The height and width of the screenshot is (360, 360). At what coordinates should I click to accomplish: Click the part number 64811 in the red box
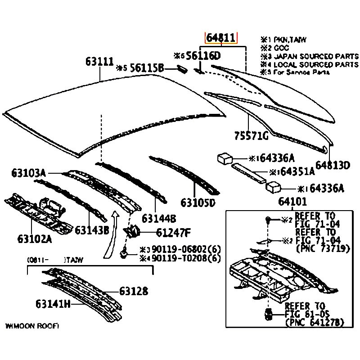pos(221,38)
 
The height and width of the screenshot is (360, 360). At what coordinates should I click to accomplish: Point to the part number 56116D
pos(203,56)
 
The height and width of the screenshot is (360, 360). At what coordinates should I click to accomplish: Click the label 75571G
pos(251,135)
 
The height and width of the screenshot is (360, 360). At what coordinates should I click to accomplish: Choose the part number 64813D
pos(332,166)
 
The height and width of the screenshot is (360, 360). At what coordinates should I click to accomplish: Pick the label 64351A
pos(297,171)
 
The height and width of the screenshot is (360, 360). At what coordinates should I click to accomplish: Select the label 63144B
pos(158,218)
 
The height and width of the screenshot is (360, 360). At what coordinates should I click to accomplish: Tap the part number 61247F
pos(174,233)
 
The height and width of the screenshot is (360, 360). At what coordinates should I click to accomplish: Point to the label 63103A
pos(29,173)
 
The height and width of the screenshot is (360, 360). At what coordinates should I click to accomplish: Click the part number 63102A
pos(35,238)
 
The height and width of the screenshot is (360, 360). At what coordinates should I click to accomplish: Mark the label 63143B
pos(92,230)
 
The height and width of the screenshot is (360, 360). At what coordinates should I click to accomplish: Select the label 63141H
pos(54,304)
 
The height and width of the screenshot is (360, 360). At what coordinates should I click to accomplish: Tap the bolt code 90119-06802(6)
pos(186,249)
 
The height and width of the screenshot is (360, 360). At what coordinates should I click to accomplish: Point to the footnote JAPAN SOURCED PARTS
pos(315,56)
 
